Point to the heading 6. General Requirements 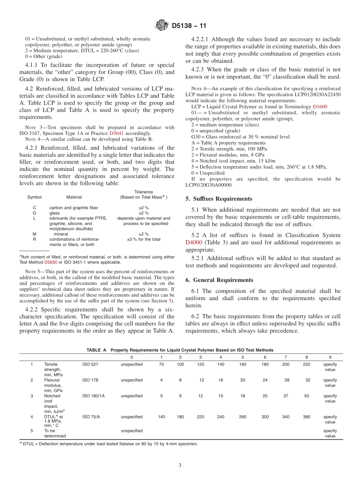[219, 280]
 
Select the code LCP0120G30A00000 [209, 185]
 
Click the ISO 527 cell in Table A [90, 365]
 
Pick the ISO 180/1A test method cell [93, 396]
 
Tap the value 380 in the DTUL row [306, 417]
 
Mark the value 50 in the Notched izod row [306, 396]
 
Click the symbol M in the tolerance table [34, 234]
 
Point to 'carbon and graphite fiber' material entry [73, 208]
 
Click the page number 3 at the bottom [180, 465]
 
